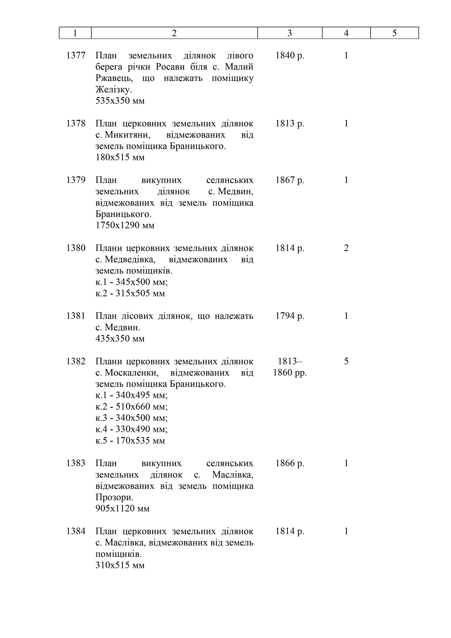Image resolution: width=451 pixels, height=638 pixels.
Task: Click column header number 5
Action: [x=394, y=33]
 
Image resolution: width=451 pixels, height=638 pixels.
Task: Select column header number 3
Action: [x=290, y=33]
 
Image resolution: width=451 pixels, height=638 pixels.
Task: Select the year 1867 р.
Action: [x=290, y=180]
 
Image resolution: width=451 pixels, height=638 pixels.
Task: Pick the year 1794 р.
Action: [x=290, y=316]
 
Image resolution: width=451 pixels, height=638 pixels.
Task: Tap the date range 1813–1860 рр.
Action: [x=290, y=367]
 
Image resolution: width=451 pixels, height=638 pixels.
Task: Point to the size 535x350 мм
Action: [x=120, y=101]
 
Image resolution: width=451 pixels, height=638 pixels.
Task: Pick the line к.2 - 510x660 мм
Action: [x=131, y=406]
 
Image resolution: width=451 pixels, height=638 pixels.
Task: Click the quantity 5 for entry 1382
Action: [x=346, y=361]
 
